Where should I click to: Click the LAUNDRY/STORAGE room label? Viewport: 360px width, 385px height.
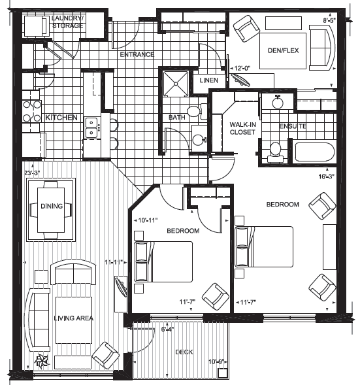click(67, 22)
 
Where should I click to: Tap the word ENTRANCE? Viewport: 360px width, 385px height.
click(137, 54)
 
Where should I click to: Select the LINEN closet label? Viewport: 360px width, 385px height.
click(209, 80)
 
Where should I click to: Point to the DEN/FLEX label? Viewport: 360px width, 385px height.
click(283, 50)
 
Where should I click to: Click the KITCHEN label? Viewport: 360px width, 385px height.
click(61, 118)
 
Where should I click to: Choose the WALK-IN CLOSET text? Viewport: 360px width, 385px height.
click(242, 128)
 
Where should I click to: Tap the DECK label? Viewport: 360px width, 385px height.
click(184, 352)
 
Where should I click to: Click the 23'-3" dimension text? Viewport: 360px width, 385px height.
click(32, 173)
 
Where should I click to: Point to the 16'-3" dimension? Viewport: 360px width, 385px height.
click(327, 176)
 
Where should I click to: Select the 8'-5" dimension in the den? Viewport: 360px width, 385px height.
click(329, 21)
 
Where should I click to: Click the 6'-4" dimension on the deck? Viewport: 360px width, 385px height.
click(168, 329)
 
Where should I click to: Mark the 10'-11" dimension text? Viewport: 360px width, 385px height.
click(148, 220)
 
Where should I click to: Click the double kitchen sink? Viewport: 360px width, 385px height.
click(91, 127)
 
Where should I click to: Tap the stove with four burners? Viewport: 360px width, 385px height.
click(32, 112)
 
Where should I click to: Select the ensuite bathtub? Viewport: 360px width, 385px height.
click(314, 152)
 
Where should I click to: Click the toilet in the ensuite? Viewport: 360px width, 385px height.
click(275, 152)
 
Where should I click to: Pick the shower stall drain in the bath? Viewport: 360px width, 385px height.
click(176, 84)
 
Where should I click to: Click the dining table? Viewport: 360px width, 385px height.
click(51, 210)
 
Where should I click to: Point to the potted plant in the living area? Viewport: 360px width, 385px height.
click(42, 361)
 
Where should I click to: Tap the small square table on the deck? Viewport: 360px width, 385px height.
click(223, 373)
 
